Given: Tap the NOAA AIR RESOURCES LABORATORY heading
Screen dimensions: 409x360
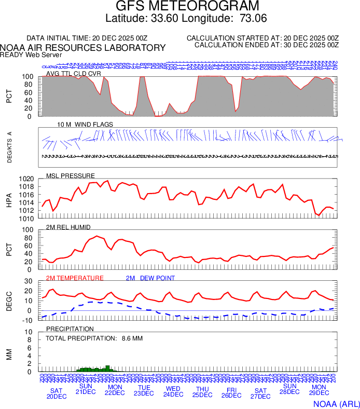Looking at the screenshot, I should pyautogui.click(x=83, y=48).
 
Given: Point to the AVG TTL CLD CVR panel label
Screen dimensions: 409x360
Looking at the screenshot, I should pyautogui.click(x=73, y=74).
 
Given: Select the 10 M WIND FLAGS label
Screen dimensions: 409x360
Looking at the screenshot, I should pyautogui.click(x=85, y=125).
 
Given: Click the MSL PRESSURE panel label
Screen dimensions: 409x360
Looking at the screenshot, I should pyautogui.click(x=71, y=175).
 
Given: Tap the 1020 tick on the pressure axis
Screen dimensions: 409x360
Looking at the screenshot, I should pyautogui.click(x=26, y=179).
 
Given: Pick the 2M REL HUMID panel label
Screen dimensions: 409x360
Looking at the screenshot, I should pyautogui.click(x=68, y=227).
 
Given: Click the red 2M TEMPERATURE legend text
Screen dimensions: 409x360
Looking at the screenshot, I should pyautogui.click(x=75, y=278).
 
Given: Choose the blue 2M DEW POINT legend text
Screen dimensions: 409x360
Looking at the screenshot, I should pyautogui.click(x=150, y=278).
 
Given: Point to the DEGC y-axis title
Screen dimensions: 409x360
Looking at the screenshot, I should pyautogui.click(x=9, y=301).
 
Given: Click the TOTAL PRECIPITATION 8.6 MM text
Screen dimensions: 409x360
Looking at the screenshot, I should pyautogui.click(x=94, y=338).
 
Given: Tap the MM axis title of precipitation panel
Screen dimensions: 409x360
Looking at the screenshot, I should pyautogui.click(x=9, y=353).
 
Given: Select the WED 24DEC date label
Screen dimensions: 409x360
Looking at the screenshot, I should pyautogui.click(x=173, y=391).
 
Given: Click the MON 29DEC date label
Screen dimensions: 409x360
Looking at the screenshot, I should pyautogui.click(x=319, y=390).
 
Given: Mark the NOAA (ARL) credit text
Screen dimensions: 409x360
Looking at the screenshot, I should pyautogui.click(x=336, y=403).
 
